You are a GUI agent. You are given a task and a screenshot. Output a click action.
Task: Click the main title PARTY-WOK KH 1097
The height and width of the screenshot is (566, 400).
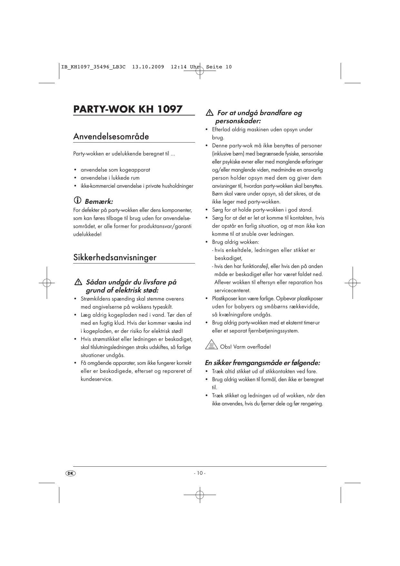pos(128,109)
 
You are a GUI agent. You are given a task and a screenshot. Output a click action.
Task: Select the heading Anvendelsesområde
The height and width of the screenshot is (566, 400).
pos(111,136)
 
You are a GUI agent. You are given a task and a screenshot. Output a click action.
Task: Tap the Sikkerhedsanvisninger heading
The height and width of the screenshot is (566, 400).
pos(115,257)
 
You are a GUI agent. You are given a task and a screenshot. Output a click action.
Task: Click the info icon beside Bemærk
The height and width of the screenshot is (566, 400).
pos(77,201)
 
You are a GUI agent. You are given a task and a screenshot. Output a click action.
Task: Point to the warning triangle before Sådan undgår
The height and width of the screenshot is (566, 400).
pos(78,282)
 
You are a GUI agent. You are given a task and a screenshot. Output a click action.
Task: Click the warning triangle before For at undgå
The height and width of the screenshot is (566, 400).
pos(210,113)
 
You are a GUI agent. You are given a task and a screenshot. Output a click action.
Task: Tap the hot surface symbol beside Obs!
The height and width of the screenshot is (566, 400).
pos(211,345)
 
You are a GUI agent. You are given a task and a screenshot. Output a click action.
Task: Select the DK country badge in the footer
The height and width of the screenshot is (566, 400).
pos(70,473)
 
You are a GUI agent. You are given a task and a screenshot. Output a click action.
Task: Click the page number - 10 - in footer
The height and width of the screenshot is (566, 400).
pos(200,473)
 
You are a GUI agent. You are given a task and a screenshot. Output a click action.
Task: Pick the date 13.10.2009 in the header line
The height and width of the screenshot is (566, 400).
pos(148,67)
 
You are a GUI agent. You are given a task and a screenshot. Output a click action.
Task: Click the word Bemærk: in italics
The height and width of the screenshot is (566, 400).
pos(99,202)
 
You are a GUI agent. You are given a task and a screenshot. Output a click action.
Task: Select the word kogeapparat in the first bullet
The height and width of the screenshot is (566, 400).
pos(135,170)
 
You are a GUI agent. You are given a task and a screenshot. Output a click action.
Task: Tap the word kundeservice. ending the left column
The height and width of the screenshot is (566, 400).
pos(96,379)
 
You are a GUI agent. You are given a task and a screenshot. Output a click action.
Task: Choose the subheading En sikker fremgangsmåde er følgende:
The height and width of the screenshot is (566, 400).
pos(262,363)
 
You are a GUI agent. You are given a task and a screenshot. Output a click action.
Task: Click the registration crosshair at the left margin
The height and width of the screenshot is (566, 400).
pos(47,283)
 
